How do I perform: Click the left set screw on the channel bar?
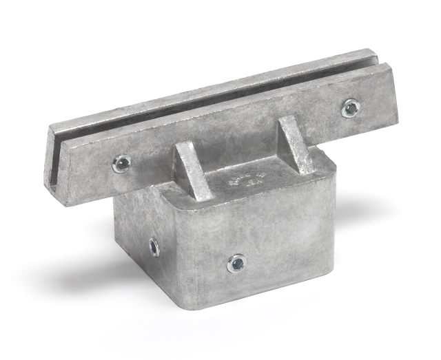point(122,164)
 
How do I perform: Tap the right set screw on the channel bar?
point(351,107)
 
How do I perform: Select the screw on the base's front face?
point(236,262)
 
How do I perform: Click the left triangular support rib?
point(194,172)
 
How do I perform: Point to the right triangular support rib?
point(296,145)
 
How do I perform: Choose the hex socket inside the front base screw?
point(236,262)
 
